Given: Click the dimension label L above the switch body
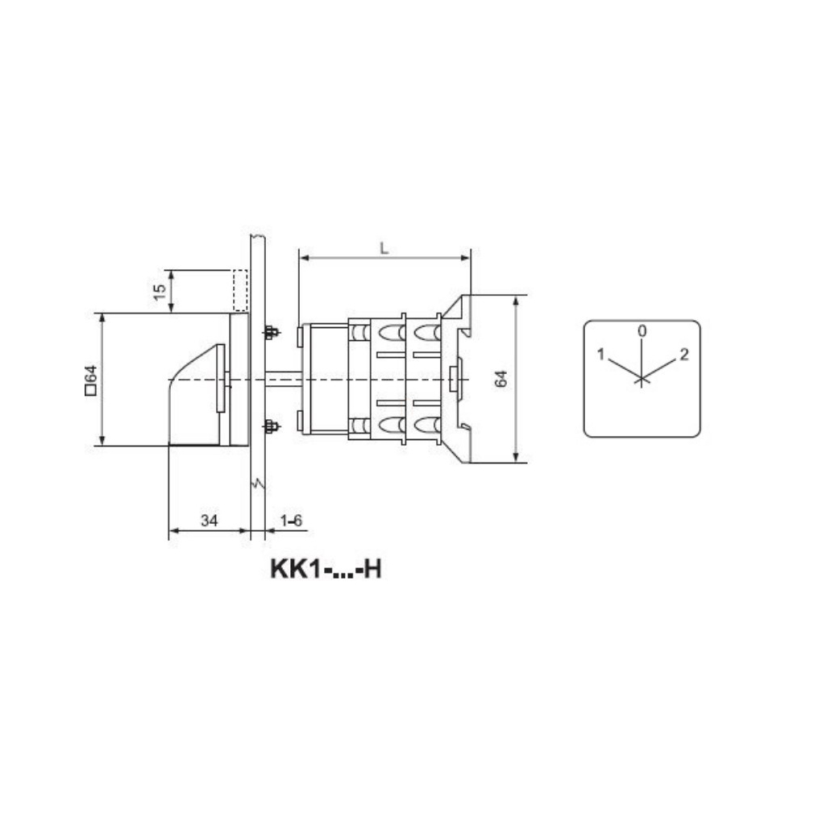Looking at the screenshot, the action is click(384, 248).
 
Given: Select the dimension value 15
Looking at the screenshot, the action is click(160, 291).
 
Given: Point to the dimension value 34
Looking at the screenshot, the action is click(210, 520).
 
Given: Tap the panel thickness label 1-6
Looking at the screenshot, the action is click(291, 520).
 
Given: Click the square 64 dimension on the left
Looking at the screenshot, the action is click(91, 380).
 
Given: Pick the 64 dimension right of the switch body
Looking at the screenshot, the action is click(501, 379).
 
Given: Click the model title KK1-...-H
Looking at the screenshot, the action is click(326, 569).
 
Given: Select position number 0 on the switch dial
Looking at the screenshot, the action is click(642, 330).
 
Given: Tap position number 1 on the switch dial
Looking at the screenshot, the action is click(600, 354).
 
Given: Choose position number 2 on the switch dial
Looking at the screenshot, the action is click(684, 354).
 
